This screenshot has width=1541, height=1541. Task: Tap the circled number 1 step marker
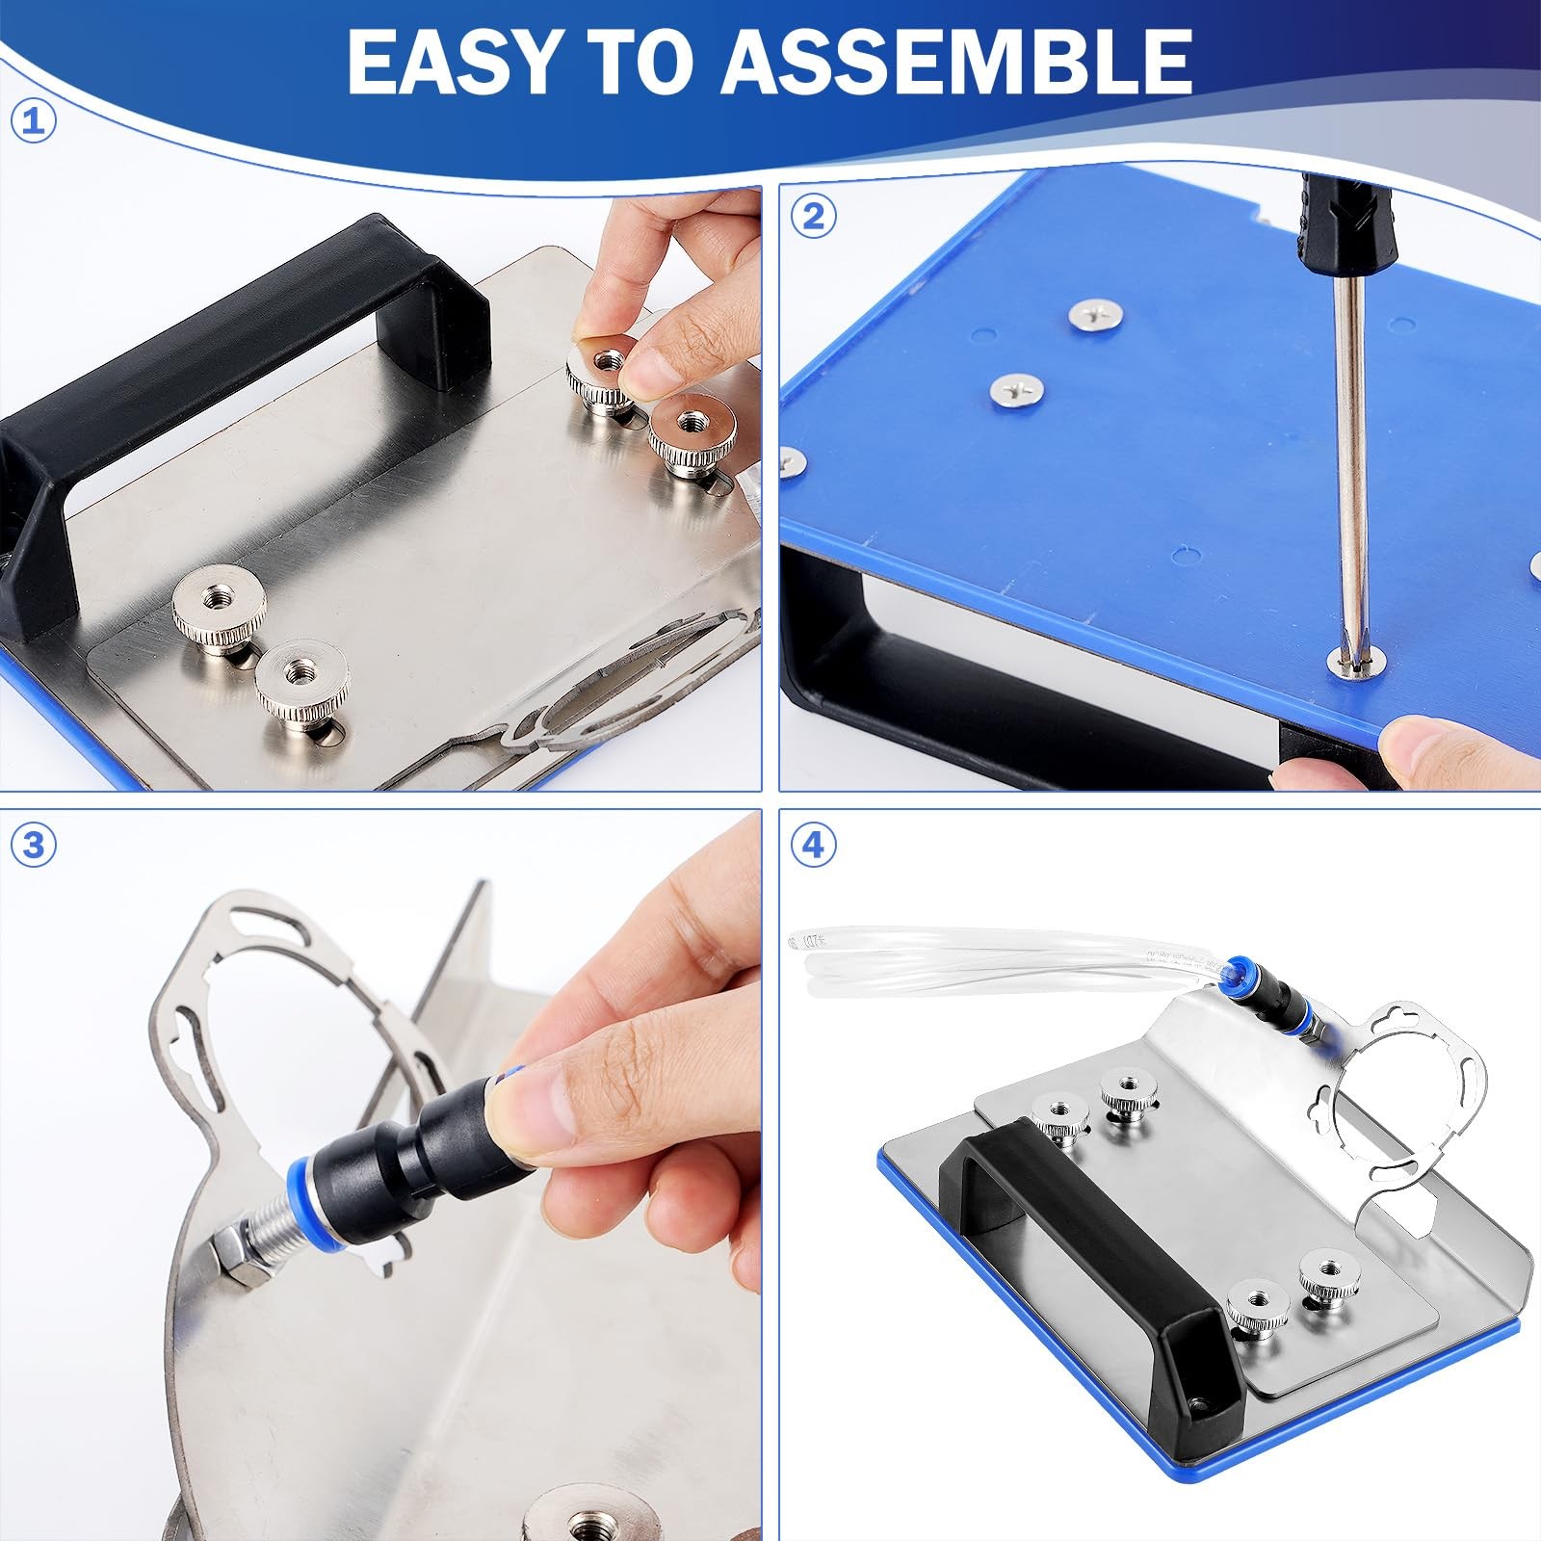(x=34, y=121)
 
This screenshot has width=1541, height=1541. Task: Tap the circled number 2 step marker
(x=814, y=217)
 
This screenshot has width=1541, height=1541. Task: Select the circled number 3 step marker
(x=34, y=845)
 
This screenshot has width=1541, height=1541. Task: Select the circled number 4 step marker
(x=814, y=845)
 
